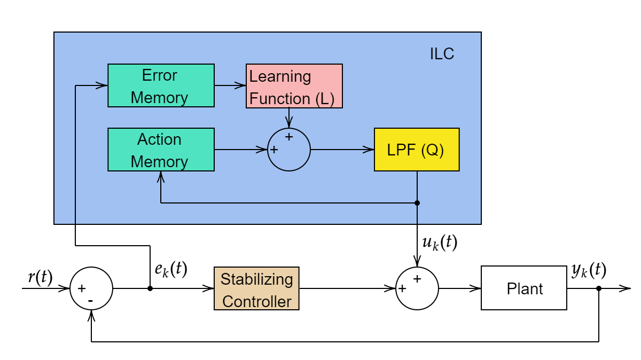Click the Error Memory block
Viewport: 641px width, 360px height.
tap(161, 85)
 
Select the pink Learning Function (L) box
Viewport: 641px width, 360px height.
tap(294, 86)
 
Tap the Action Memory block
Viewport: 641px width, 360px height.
tap(161, 150)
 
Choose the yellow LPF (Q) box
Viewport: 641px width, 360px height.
tap(417, 150)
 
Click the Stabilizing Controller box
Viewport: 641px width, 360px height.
tap(256, 288)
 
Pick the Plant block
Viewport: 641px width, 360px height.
tap(523, 288)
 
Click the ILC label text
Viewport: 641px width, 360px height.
tap(442, 54)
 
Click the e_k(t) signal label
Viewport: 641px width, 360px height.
tap(171, 269)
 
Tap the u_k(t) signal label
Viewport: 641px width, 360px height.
tap(439, 242)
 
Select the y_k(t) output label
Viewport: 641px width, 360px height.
tap(589, 270)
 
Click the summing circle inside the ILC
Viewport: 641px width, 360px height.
tap(288, 150)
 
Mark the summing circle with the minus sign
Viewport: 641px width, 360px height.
tap(91, 288)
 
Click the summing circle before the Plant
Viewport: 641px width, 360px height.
tap(417, 288)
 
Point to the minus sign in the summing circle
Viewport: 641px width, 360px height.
tap(90, 301)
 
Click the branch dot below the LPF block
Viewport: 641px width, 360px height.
tap(417, 203)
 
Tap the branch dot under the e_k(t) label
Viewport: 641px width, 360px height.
tap(150, 288)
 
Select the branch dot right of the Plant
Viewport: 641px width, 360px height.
tap(599, 288)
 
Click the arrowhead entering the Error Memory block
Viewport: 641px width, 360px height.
tap(104, 85)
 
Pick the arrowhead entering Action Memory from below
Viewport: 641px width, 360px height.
tap(161, 176)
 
